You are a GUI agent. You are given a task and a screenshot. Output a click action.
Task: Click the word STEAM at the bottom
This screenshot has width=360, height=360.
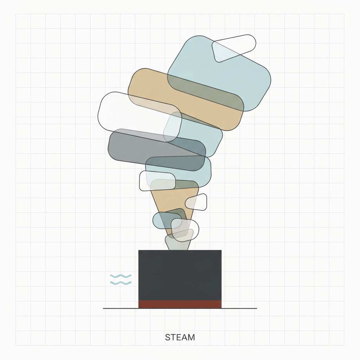point(180,337)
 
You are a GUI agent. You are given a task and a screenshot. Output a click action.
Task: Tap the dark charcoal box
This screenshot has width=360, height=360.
point(180,275)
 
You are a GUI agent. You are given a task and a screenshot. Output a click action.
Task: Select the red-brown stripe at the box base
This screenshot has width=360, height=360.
point(180,304)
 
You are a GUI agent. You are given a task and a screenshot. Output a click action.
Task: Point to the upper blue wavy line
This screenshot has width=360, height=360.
point(121,276)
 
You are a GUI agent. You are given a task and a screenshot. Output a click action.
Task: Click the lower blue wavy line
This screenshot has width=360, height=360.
point(121,283)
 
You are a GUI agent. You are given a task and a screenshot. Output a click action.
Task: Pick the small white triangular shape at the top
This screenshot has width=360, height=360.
point(233,48)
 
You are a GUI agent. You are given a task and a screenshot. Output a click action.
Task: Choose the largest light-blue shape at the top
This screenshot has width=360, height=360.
point(219,73)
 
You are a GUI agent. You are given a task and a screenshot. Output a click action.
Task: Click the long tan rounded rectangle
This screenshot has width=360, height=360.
point(186,99)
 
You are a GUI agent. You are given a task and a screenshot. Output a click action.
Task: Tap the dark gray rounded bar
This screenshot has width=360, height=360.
point(157,150)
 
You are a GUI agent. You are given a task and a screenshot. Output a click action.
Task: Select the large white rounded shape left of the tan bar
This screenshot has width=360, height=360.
point(140,117)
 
